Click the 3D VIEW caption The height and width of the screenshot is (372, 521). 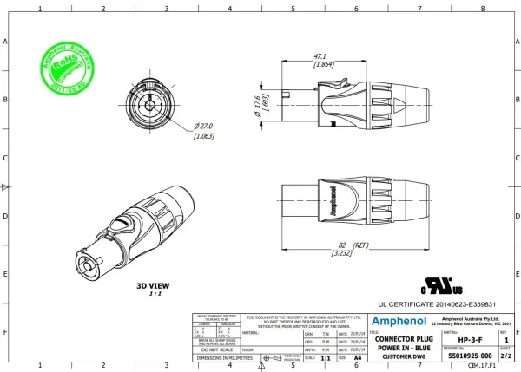click(153, 285)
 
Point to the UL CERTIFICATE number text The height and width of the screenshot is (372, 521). click(437, 305)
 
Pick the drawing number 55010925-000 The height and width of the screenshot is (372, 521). click(470, 356)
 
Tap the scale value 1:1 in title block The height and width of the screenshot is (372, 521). click(325, 356)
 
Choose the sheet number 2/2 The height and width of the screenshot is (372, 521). click(505, 356)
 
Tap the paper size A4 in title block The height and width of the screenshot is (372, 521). click(358, 356)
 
